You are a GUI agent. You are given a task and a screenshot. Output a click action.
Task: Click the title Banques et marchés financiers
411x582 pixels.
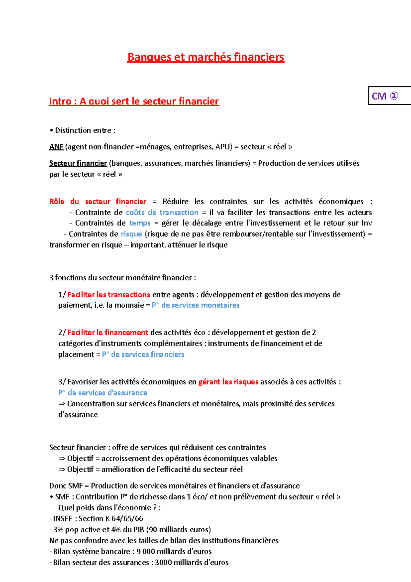tap(206, 57)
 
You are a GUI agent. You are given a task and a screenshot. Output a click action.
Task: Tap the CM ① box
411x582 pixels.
tap(385, 96)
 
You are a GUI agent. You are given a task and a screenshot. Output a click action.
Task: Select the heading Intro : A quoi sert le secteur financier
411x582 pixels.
tap(134, 101)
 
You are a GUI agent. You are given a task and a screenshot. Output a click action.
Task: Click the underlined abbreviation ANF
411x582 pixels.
tap(56, 147)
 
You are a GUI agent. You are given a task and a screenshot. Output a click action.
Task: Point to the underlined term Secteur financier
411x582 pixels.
tap(78, 163)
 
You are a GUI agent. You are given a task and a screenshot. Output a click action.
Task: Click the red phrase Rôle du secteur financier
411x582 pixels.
tap(98, 202)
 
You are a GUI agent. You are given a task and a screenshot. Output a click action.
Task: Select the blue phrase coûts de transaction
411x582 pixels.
tap(162, 213)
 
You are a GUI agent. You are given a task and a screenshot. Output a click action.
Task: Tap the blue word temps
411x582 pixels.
tap(140, 223)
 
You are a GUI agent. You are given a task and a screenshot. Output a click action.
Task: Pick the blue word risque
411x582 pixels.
tap(131, 234)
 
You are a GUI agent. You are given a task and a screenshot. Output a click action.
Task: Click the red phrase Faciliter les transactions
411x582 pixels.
tap(109, 295)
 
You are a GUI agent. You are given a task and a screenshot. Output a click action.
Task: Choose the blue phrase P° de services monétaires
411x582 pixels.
tap(196, 305)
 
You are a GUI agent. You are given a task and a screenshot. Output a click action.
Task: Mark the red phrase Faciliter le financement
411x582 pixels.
tap(108, 332)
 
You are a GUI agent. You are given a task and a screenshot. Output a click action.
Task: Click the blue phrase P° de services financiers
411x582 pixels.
tap(143, 354)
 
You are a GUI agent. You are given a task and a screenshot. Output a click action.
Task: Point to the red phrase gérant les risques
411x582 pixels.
tap(228, 382)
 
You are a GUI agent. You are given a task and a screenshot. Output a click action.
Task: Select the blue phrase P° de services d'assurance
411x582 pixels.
tap(103, 393)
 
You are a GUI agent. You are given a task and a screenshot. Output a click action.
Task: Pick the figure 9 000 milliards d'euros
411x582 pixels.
tap(174, 551)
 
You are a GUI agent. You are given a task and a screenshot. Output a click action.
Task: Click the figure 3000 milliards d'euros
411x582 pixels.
tap(192, 562)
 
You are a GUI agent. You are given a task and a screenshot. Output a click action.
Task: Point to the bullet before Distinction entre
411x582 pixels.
tap(51, 131)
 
